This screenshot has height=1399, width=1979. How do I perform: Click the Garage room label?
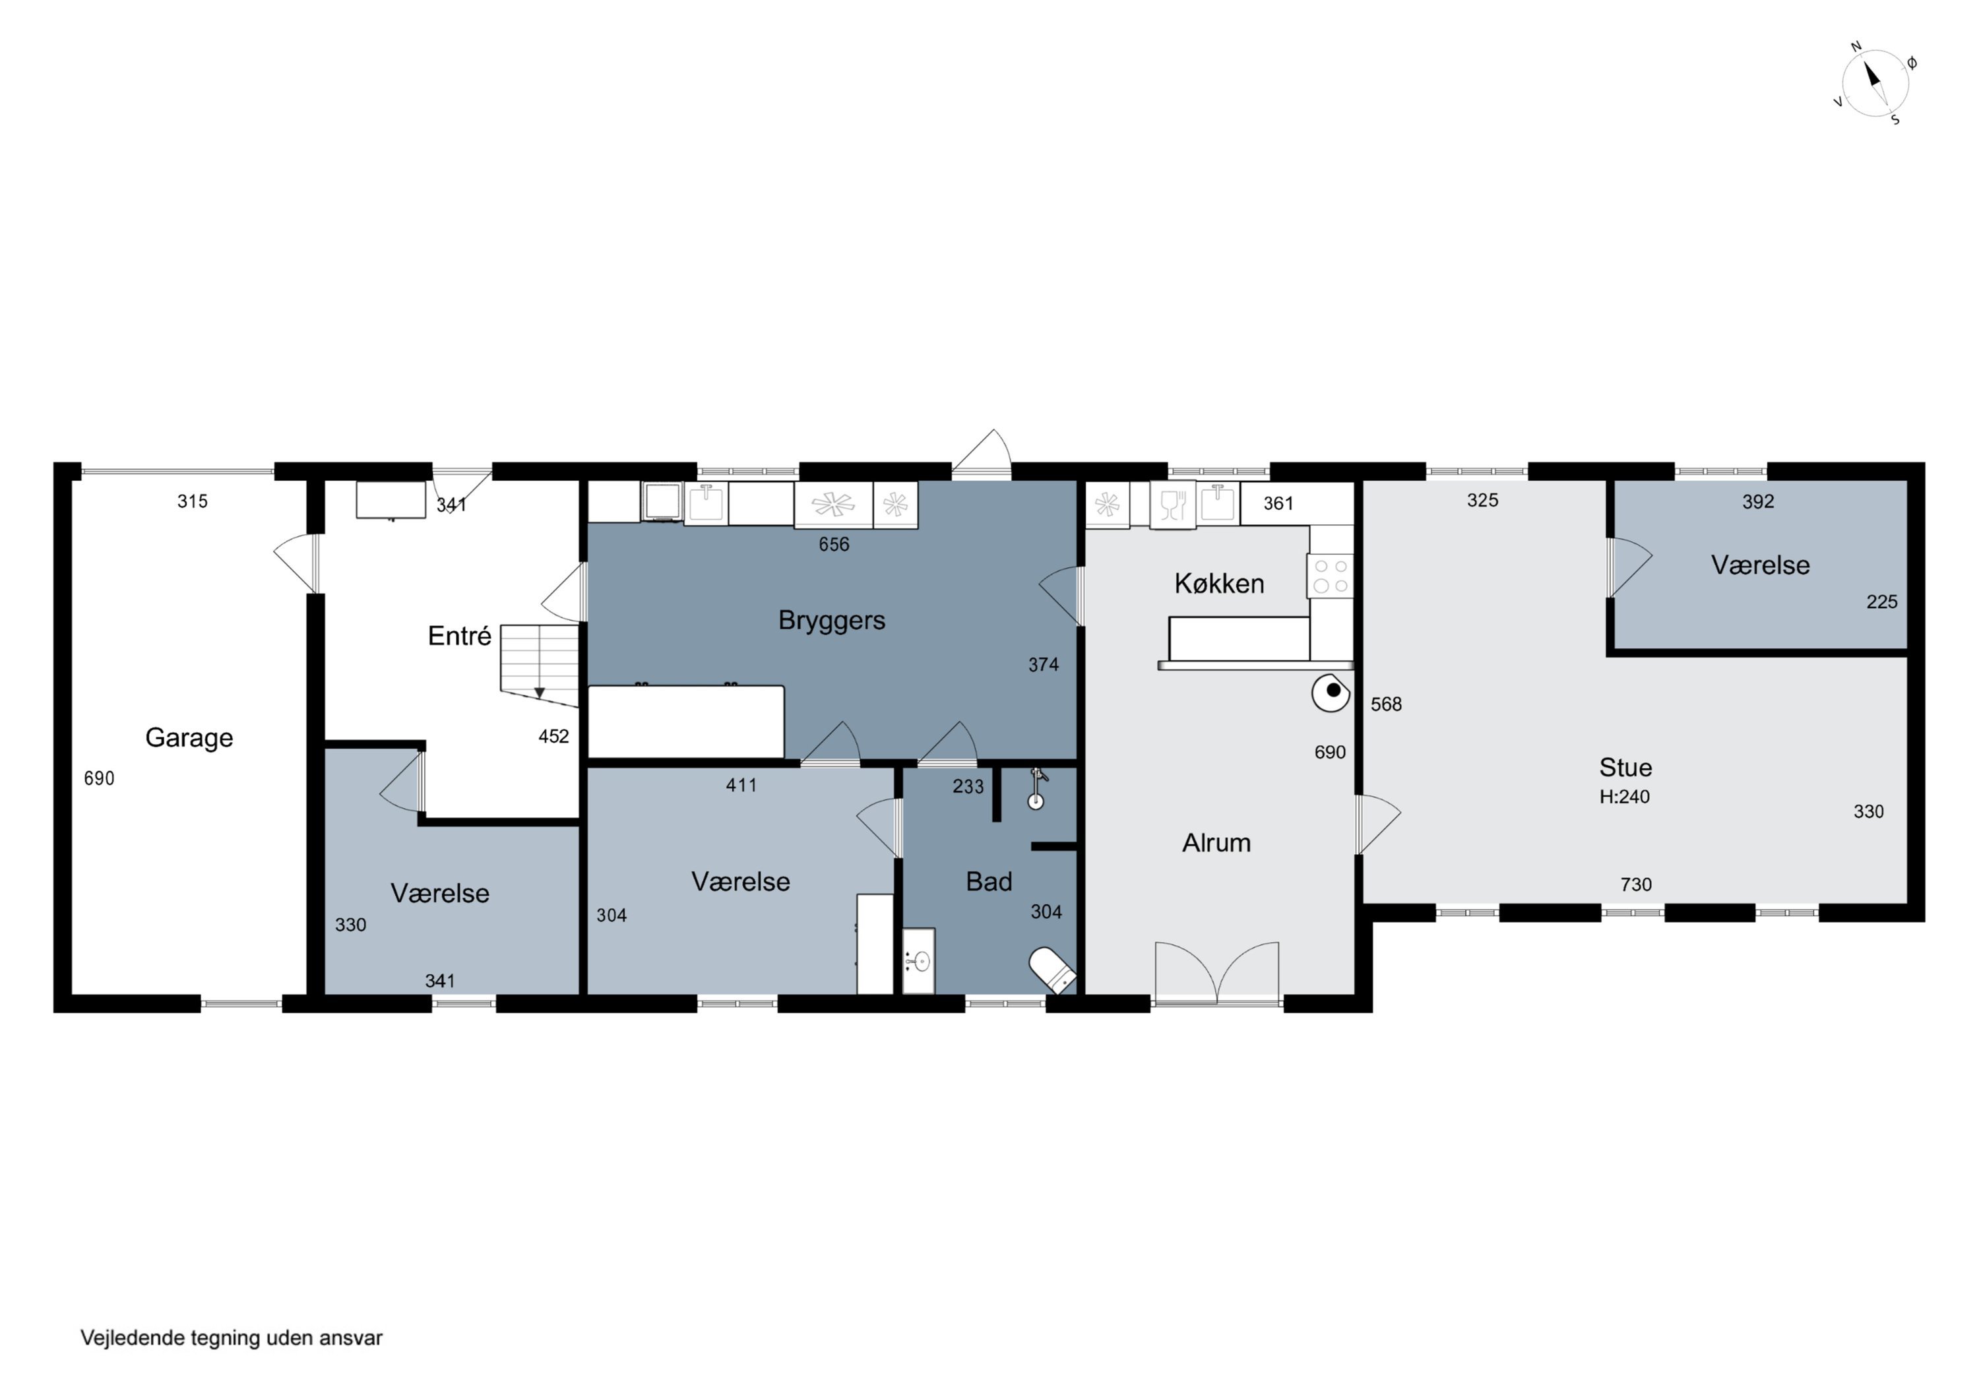[189, 738]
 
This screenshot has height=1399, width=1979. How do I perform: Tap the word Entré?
[459, 636]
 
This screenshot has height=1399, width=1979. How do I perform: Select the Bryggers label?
[832, 621]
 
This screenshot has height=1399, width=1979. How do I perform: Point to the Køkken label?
[1219, 584]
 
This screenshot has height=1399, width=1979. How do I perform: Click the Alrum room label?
[1216, 843]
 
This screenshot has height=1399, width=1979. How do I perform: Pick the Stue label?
[1625, 767]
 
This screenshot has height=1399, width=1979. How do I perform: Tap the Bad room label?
[989, 882]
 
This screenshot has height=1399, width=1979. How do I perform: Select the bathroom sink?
[919, 960]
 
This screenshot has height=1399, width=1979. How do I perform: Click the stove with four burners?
[1331, 576]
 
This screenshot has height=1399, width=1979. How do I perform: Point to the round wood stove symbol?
[1332, 692]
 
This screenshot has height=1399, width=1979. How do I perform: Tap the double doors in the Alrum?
[1217, 973]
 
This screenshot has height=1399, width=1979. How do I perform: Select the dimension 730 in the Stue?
[1636, 885]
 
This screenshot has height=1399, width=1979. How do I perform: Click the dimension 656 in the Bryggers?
[834, 545]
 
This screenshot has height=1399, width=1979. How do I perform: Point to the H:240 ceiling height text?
[1625, 797]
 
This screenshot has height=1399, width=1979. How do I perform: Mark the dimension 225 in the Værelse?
[1881, 602]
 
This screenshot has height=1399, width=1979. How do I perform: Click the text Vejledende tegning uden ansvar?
[231, 1338]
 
